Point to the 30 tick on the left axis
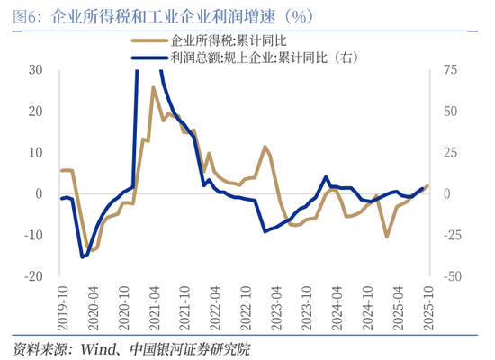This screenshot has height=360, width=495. click(x=36, y=69)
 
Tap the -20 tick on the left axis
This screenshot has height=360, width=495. click(x=34, y=276)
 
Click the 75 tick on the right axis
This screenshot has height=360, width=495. click(x=447, y=69)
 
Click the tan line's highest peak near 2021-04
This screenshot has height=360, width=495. click(x=153, y=87)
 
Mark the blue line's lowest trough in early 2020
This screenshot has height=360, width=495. click(x=82, y=257)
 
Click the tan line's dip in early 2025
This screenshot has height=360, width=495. click(x=387, y=237)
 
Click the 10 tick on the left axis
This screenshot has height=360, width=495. click(x=36, y=152)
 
